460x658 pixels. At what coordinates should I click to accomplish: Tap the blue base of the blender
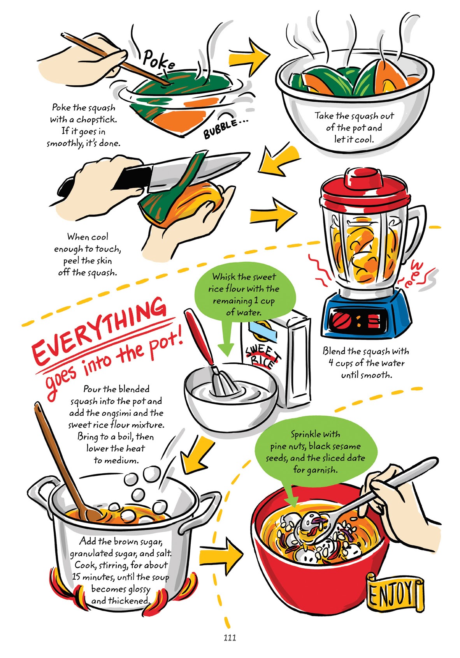366,316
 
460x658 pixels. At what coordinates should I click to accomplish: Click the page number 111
230,638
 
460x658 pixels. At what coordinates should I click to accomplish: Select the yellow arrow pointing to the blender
272,213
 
